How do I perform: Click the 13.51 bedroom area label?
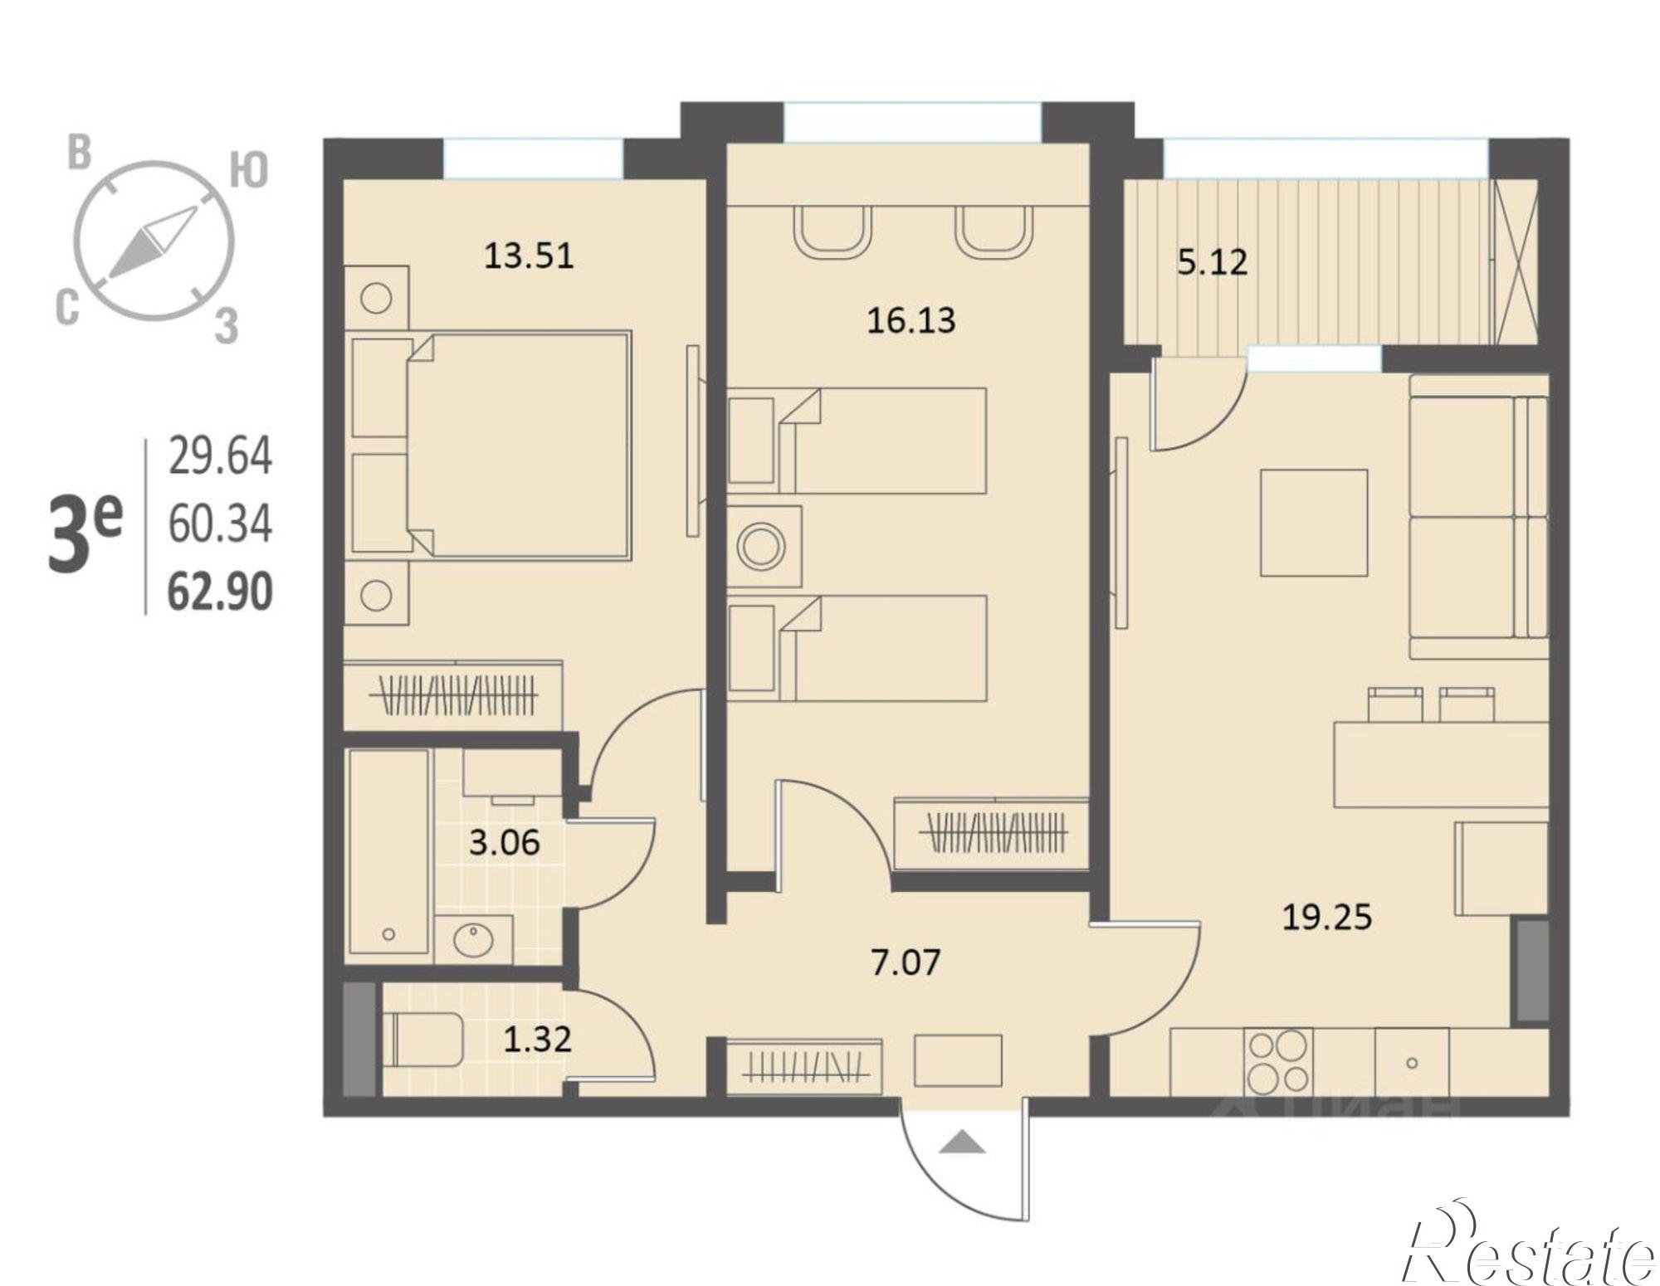(x=529, y=256)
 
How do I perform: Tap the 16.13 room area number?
(x=911, y=320)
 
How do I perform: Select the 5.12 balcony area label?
(x=1212, y=263)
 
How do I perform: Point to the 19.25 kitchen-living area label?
(x=1327, y=918)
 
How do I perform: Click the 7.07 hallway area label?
(x=905, y=962)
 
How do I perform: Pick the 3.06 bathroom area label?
(x=504, y=843)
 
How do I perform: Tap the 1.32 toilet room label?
(x=538, y=1039)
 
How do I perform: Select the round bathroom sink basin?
(x=474, y=940)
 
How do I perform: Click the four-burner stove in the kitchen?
(x=1277, y=1062)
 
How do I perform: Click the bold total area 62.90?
(x=220, y=592)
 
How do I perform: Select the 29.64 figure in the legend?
(x=220, y=456)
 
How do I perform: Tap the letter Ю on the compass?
(x=248, y=171)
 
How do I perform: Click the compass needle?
(x=153, y=242)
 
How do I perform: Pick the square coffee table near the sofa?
(x=1314, y=523)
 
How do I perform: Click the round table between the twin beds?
(x=761, y=548)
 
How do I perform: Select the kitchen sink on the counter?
(x=1412, y=1062)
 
